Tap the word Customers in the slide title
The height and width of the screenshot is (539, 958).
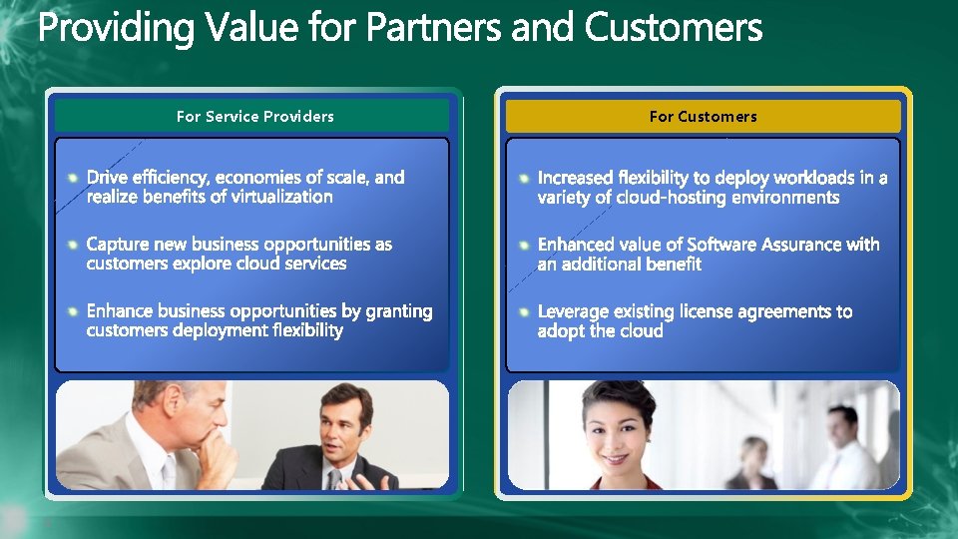pyautogui.click(x=674, y=29)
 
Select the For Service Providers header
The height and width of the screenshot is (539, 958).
pyautogui.click(x=254, y=117)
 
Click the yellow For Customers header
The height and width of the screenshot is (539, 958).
pyautogui.click(x=703, y=117)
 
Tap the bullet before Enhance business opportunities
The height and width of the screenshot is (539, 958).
pyautogui.click(x=73, y=311)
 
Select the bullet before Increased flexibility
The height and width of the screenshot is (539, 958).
pyautogui.click(x=524, y=178)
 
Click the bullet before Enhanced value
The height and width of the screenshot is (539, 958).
pyautogui.click(x=524, y=245)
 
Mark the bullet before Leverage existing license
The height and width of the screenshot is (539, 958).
pyautogui.click(x=524, y=311)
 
